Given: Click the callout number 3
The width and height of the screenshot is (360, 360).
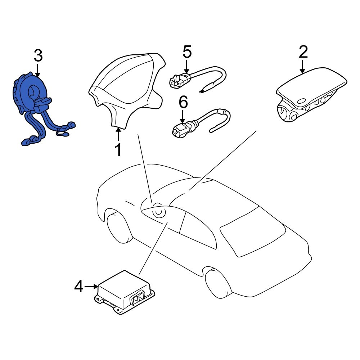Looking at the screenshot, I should [x=38, y=56].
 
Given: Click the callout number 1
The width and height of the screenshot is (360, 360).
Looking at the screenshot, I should [x=118, y=150].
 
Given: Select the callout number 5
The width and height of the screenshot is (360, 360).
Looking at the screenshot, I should [x=187, y=53].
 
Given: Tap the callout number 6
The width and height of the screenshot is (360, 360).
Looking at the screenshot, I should [x=183, y=103].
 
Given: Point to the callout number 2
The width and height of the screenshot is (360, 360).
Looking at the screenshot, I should [x=303, y=52].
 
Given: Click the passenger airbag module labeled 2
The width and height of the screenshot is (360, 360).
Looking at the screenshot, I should [x=310, y=94].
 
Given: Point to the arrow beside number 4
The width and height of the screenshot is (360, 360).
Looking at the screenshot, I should [x=91, y=287].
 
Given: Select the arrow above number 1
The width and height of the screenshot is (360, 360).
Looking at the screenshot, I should [x=118, y=135].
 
